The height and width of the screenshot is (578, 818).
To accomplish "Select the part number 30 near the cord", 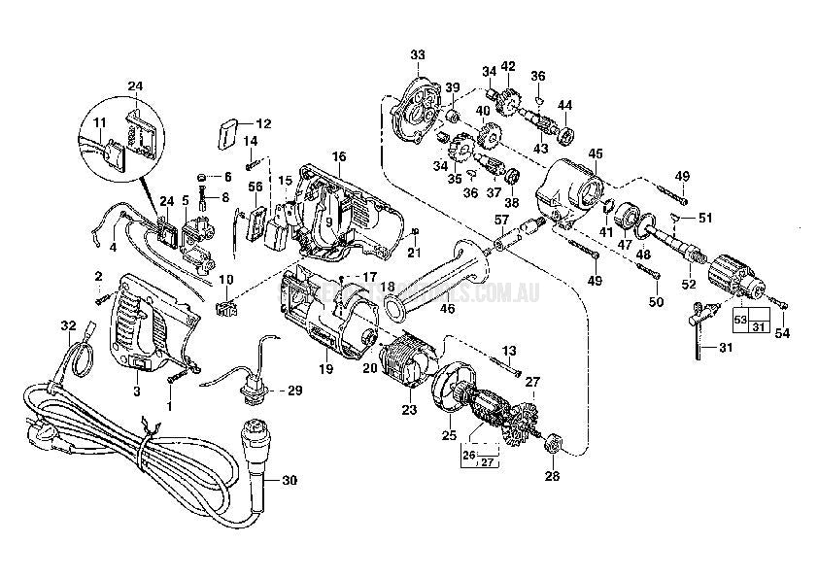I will (290, 478).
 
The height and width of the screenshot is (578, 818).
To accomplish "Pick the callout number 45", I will (595, 153).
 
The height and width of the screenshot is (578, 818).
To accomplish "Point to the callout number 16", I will (338, 155).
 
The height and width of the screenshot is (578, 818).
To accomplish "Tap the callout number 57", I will (500, 220).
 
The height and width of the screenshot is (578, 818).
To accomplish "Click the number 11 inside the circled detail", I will (99, 122).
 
